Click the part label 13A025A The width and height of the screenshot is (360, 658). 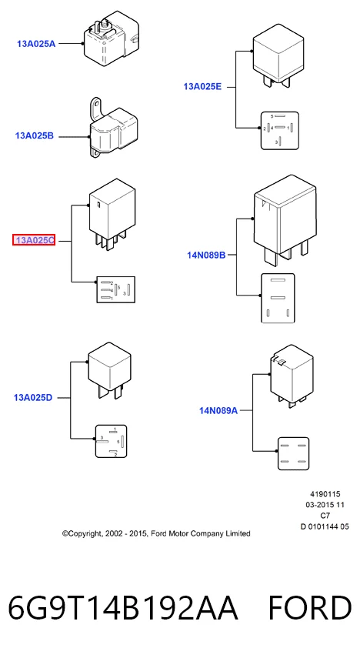pyautogui.click(x=36, y=43)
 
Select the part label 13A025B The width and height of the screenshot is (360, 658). pyautogui.click(x=35, y=136)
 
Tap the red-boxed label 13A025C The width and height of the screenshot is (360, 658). pyautogui.click(x=34, y=240)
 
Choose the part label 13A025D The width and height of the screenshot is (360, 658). pyautogui.click(x=33, y=397)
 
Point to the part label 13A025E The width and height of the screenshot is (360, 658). pyautogui.click(x=202, y=87)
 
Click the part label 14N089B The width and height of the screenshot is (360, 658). pyautogui.click(x=206, y=255)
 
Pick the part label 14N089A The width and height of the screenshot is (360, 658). pyautogui.click(x=218, y=410)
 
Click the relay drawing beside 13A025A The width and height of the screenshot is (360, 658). pyautogui.click(x=111, y=38)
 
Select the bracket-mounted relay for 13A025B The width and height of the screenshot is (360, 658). pyautogui.click(x=113, y=127)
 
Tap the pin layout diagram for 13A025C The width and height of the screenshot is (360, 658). pyautogui.click(x=116, y=289)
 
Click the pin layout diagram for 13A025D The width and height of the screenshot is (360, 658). pyautogui.click(x=111, y=441)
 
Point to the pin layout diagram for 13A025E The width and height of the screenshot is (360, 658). pyautogui.click(x=279, y=131)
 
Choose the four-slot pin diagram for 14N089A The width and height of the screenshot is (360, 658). pyautogui.click(x=293, y=453)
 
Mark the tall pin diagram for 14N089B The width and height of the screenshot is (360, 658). pyautogui.click(x=278, y=299)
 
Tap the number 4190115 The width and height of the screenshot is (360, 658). pyautogui.click(x=325, y=494)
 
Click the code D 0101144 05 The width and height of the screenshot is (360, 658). pyautogui.click(x=325, y=526)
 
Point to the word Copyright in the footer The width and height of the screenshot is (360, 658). pyautogui.click(x=82, y=534)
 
